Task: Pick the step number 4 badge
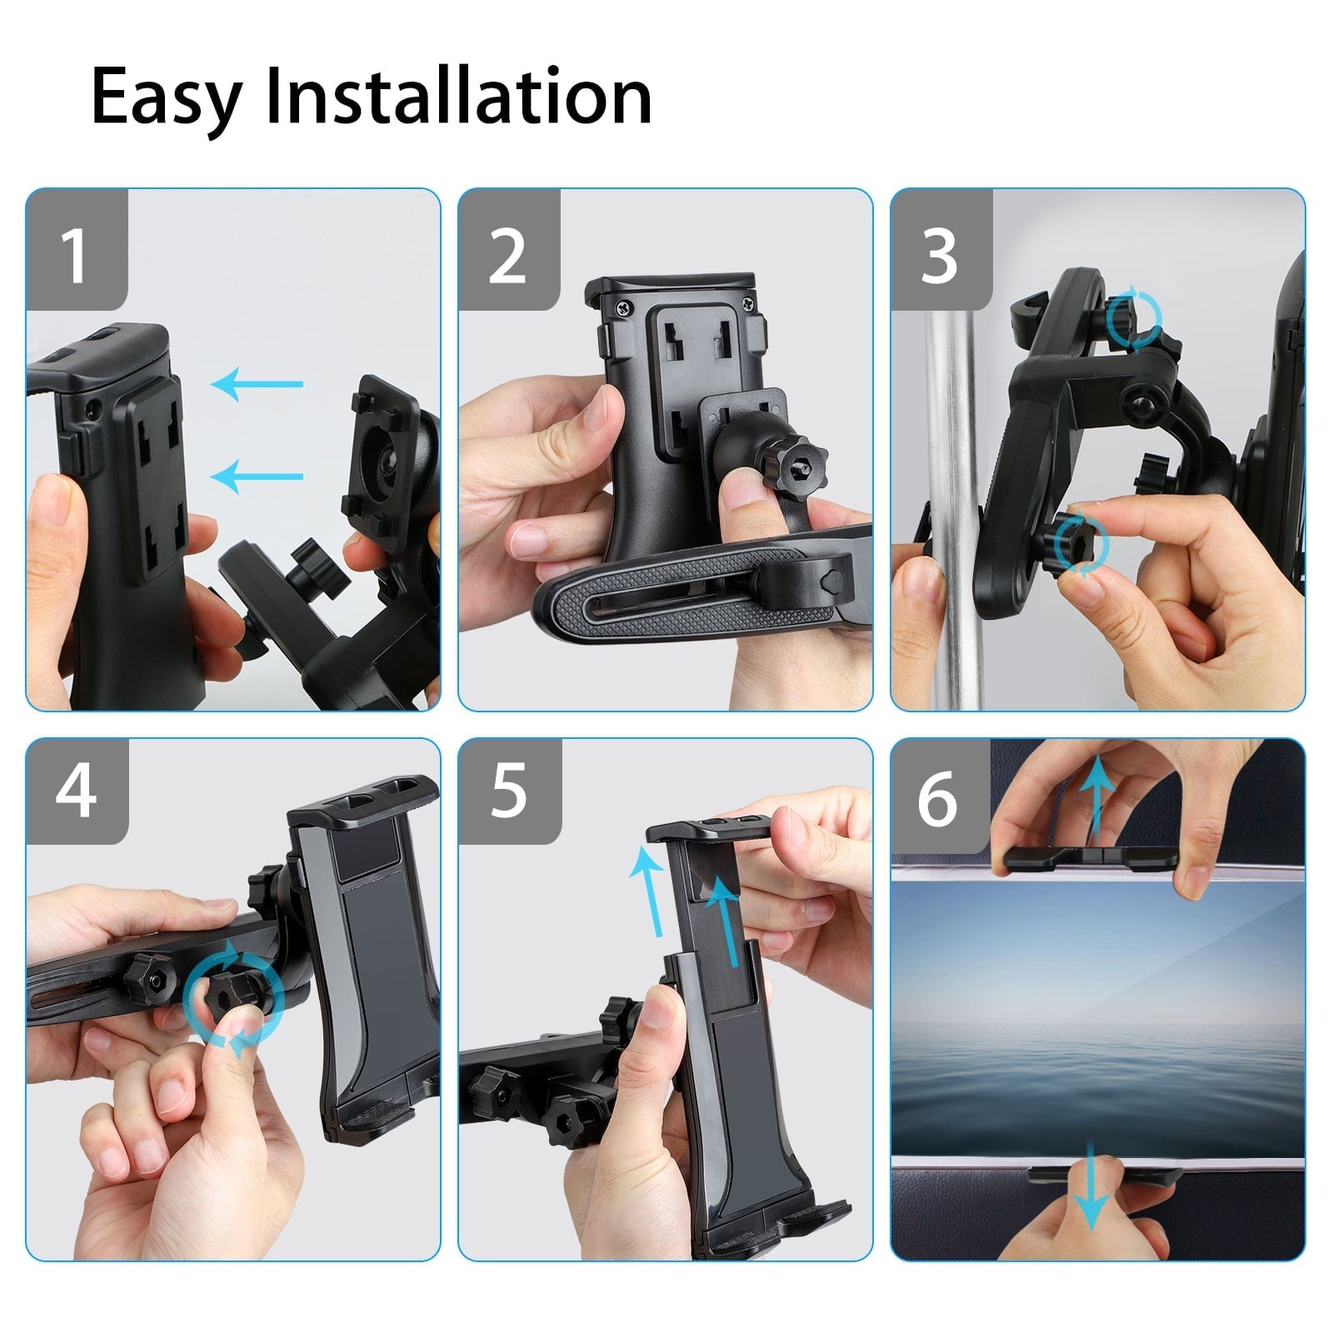[76, 791]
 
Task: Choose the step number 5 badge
[508, 791]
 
